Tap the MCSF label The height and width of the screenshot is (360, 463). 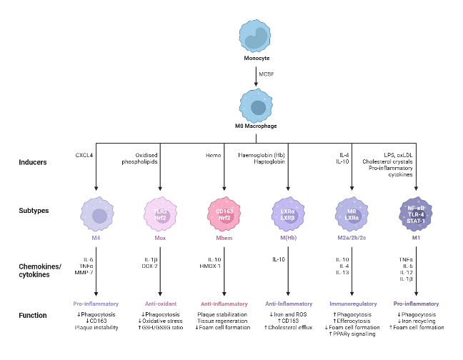coord(267,74)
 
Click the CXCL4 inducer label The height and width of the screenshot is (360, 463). coord(84,154)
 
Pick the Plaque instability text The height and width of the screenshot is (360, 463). coord(96,327)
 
